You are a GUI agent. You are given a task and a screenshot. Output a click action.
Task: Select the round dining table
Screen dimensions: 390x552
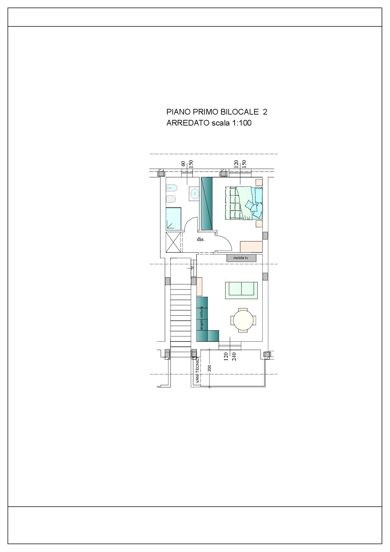point(243,320)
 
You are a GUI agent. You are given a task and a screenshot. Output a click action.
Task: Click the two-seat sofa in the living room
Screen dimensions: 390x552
point(241,290)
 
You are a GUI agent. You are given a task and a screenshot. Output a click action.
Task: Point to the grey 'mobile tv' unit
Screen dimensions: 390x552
point(241,258)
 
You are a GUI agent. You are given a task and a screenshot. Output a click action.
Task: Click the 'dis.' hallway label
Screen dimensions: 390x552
point(201,239)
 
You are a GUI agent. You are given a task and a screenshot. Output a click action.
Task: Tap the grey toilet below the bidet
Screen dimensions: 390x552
point(171,199)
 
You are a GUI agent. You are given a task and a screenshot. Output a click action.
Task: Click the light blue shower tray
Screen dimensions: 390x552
point(173,218)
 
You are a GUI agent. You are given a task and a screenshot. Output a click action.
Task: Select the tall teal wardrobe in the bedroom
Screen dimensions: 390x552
point(207,204)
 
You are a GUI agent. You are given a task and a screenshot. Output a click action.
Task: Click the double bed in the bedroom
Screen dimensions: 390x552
point(244,203)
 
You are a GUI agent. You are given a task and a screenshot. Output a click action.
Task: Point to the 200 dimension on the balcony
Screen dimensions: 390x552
point(209,368)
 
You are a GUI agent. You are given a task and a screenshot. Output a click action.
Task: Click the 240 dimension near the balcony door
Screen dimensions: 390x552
point(234,356)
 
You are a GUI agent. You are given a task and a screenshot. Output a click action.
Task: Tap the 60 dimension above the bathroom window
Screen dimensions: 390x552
point(183,164)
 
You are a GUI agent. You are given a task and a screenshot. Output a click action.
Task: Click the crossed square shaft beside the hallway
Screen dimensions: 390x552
point(173,242)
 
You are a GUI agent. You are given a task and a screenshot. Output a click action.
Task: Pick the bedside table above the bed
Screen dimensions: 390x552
point(259,182)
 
